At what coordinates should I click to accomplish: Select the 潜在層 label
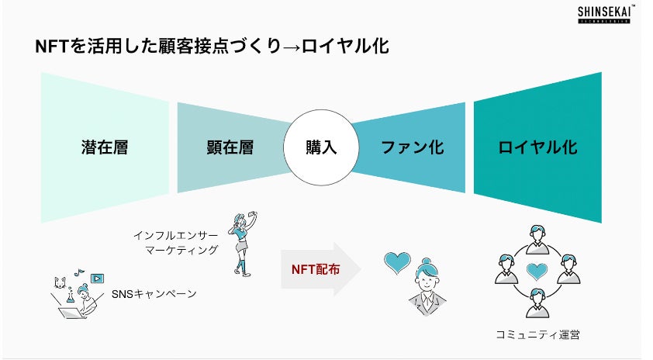coord(104,147)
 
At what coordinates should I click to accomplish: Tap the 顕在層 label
coord(230,147)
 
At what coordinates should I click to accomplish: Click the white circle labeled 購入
coord(321,147)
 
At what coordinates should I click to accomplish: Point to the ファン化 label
coord(412,147)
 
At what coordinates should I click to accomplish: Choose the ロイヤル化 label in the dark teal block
coord(537,147)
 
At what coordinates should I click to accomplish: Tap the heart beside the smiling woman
coord(397,263)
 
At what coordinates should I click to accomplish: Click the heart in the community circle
coord(537,272)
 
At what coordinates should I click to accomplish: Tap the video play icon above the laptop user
coord(98,278)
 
